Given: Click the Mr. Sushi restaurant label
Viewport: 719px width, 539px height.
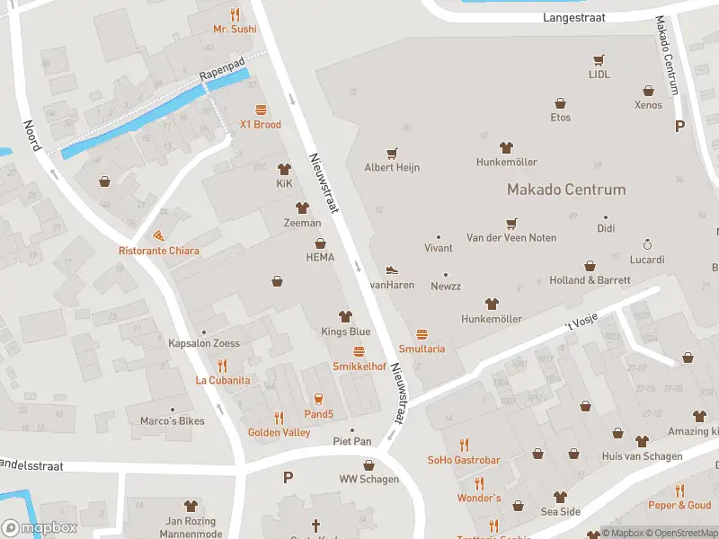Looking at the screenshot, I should coord(235,29).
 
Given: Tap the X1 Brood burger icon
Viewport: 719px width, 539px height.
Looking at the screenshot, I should coord(261,110).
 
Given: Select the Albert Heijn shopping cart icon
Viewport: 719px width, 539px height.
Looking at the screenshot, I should coord(392,154).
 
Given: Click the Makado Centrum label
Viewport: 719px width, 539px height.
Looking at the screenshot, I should coord(566,190).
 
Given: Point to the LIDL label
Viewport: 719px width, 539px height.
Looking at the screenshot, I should coord(599,75).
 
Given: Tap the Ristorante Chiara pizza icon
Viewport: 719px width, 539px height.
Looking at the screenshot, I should coord(159,235).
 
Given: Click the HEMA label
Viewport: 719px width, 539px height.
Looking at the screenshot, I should coord(320,257).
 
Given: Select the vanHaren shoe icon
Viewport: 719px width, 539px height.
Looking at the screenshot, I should coord(392,269).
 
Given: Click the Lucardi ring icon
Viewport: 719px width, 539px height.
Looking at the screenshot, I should coord(646,244).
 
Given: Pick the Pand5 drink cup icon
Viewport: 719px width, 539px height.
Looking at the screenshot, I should coord(317,399).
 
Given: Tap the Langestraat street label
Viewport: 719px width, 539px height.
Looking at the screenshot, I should coord(574,17).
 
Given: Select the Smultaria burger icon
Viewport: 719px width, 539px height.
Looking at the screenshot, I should coord(422,334).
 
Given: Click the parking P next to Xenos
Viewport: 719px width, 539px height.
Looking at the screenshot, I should coord(679,127).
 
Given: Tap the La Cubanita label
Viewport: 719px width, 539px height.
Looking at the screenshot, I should coord(223,380).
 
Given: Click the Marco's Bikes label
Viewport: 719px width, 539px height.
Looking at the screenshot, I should coord(173,420).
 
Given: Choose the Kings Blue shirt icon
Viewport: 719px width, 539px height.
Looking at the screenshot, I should coord(345,316).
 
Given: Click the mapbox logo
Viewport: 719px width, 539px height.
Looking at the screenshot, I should coord(40,528).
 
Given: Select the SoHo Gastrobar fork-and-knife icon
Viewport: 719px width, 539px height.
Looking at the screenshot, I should coord(464,445).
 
